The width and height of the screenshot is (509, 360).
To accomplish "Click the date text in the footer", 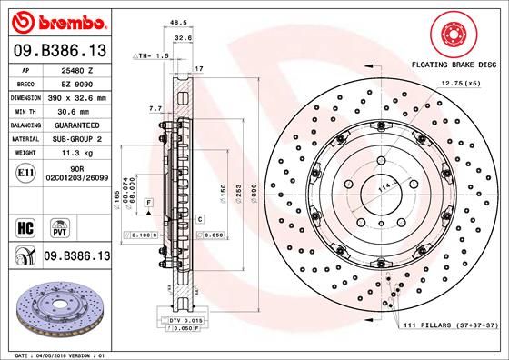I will pos(60,354).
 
